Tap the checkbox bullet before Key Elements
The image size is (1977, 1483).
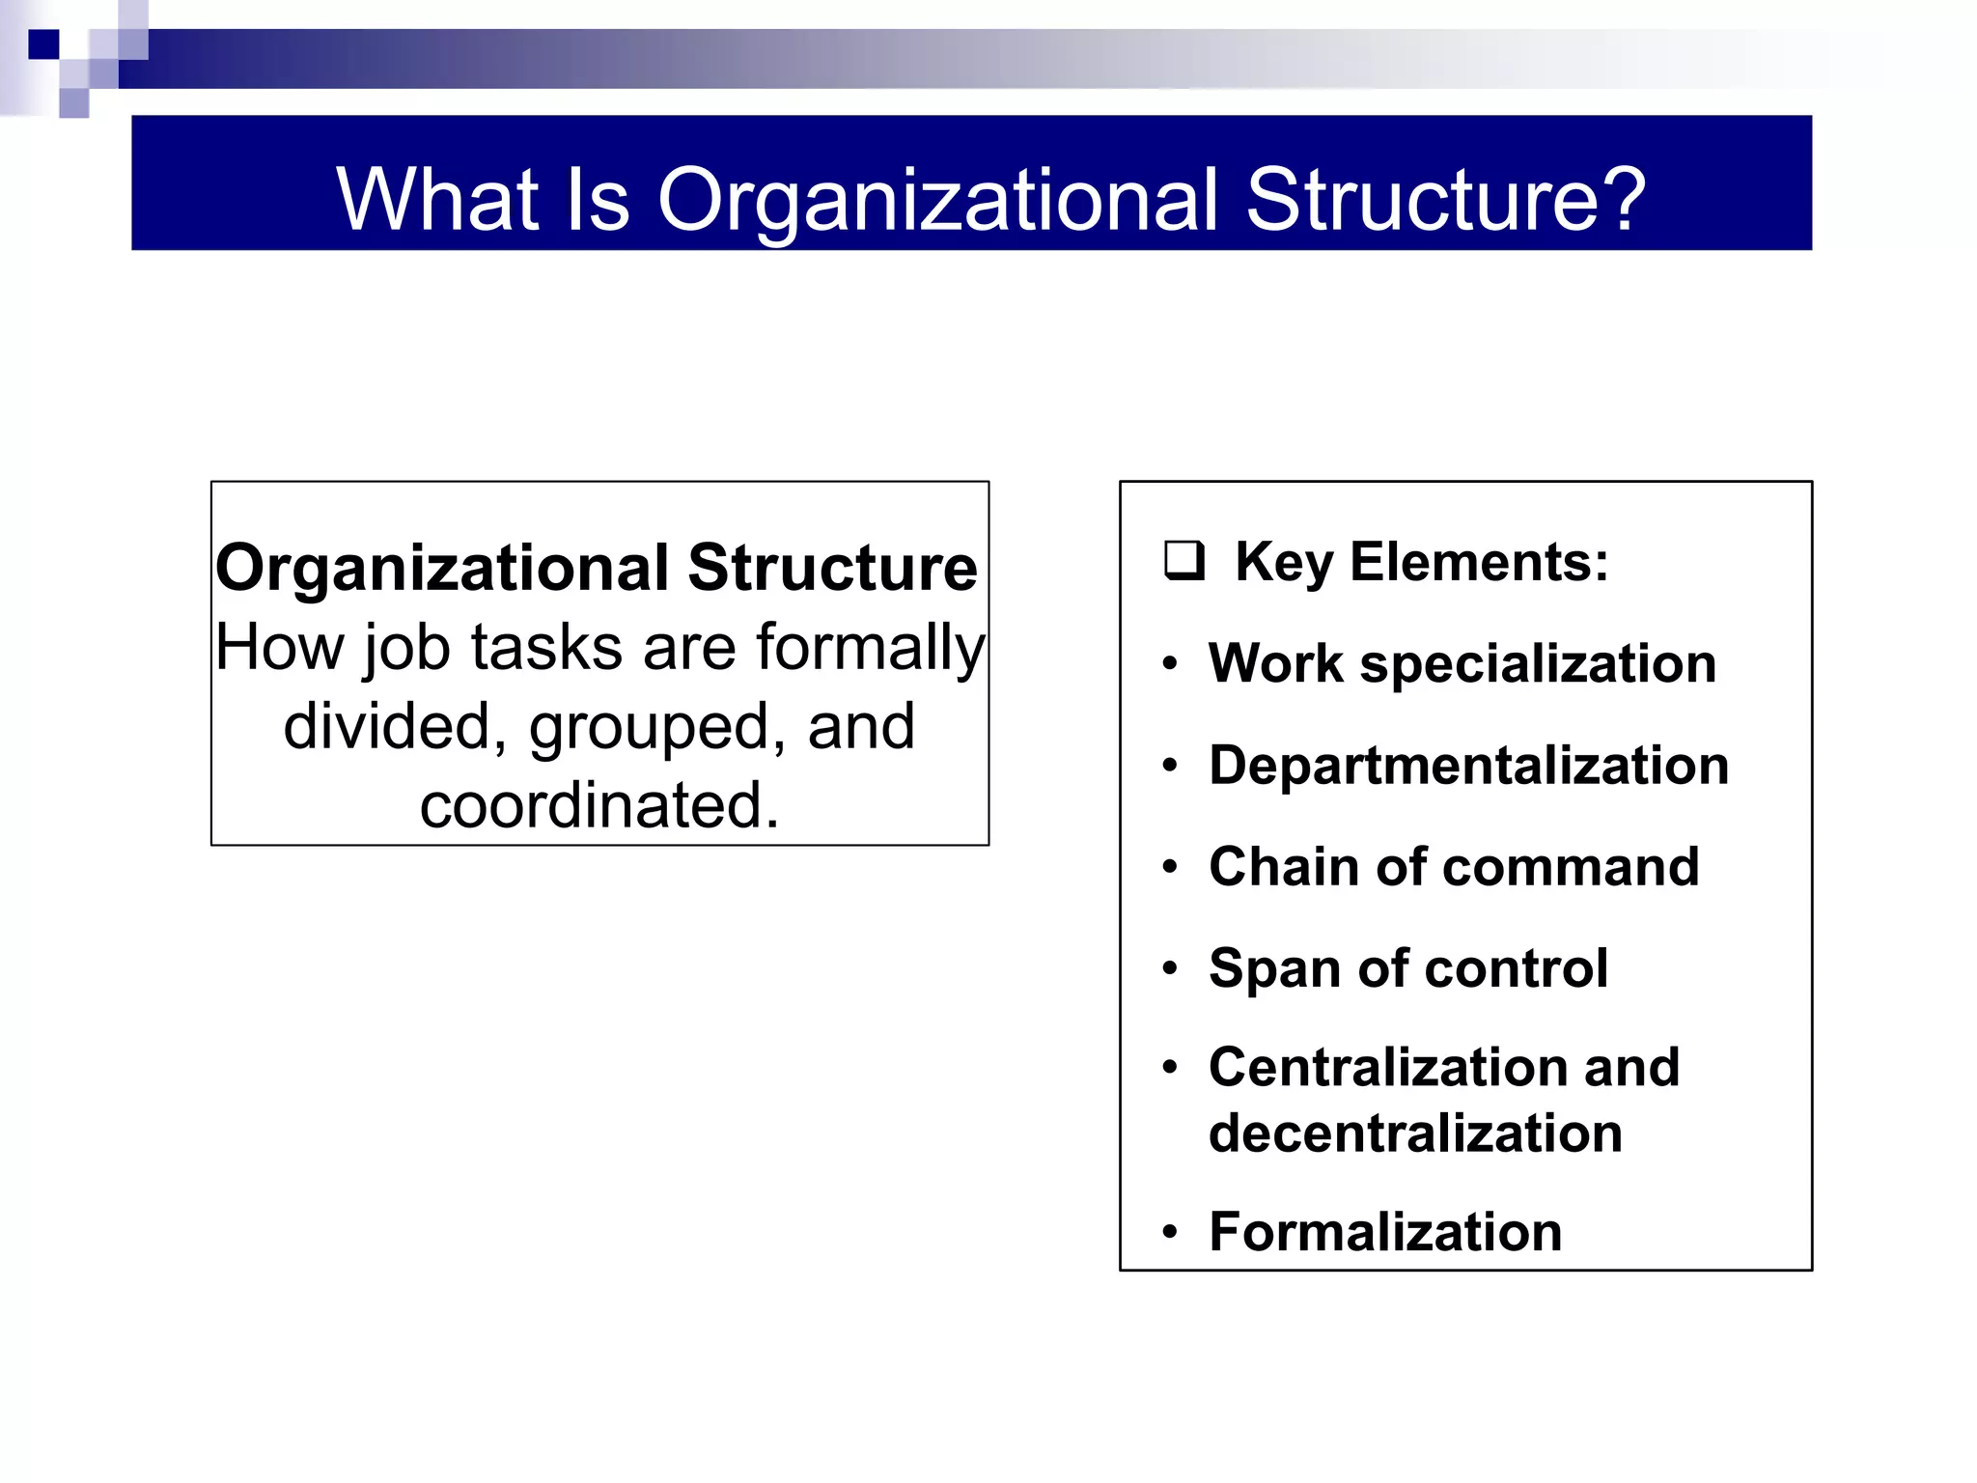1183,561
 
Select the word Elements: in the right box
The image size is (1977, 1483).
1479,562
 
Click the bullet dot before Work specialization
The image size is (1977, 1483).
1170,664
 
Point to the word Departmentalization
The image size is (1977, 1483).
1468,766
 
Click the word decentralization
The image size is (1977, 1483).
1415,1133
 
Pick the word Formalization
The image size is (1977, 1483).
1385,1232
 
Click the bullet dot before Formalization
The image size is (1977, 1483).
1170,1233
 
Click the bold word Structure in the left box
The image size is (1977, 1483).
832,568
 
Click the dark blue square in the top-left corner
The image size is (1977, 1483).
43,44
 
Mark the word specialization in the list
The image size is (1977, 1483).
1538,665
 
